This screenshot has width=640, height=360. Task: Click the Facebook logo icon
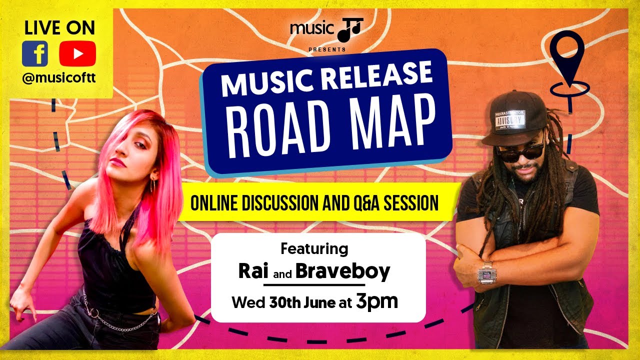[35, 53]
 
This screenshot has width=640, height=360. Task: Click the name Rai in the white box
[253, 271]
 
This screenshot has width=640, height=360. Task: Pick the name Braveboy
[342, 271]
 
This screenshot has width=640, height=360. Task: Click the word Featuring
[314, 248]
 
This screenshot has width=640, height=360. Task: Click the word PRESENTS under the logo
[327, 49]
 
